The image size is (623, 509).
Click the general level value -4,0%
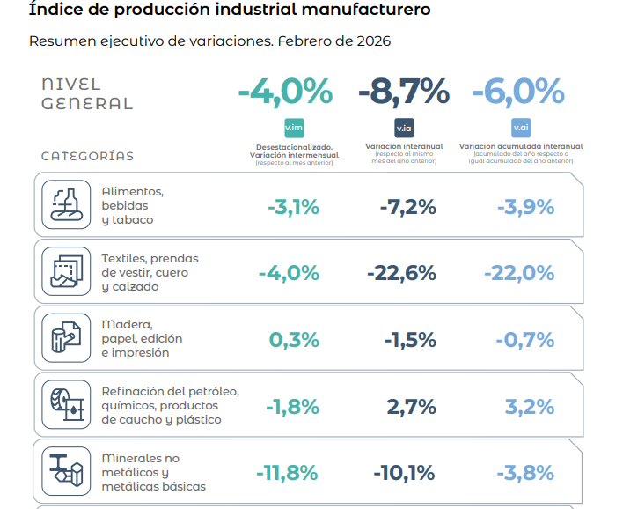(x=285, y=91)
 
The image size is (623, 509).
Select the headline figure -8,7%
(x=403, y=91)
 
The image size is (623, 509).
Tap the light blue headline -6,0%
(x=517, y=91)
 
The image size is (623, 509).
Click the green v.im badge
(x=294, y=128)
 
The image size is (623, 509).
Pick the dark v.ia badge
(x=404, y=127)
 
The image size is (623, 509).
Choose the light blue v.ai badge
(x=520, y=127)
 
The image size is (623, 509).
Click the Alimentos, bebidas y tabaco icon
(x=66, y=205)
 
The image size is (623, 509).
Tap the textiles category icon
(x=66, y=272)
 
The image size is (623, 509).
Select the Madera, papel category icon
(x=66, y=338)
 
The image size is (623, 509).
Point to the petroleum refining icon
(x=66, y=405)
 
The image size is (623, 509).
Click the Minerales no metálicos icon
(x=66, y=471)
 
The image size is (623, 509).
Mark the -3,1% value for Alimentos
(x=293, y=207)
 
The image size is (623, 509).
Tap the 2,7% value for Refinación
(x=411, y=406)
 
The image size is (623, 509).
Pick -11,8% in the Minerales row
(x=287, y=473)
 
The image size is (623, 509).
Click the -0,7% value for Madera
(x=524, y=340)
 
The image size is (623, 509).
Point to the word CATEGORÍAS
(x=88, y=156)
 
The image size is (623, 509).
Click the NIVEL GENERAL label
(x=87, y=93)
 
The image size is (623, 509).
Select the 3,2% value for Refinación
(x=530, y=406)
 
